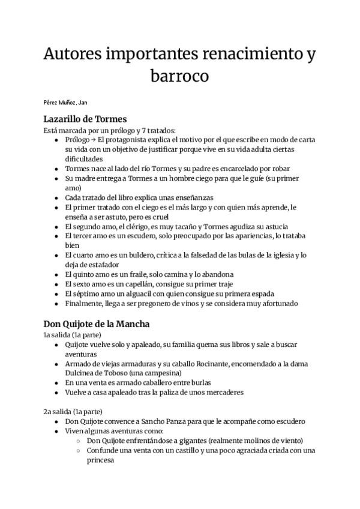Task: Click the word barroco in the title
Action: (x=180, y=77)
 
